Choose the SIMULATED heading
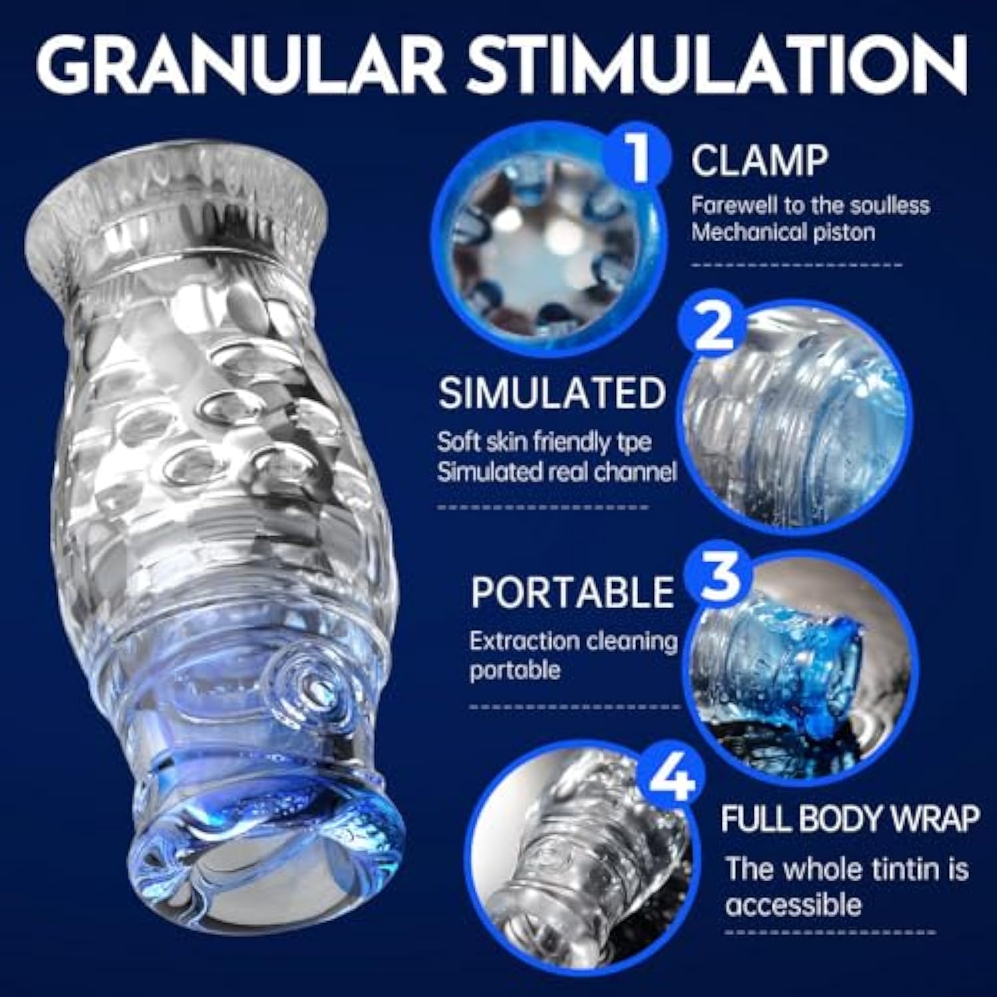point(552,393)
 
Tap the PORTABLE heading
point(572,592)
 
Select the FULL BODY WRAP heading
point(850,819)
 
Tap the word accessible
point(794,905)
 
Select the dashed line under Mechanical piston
point(797,264)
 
